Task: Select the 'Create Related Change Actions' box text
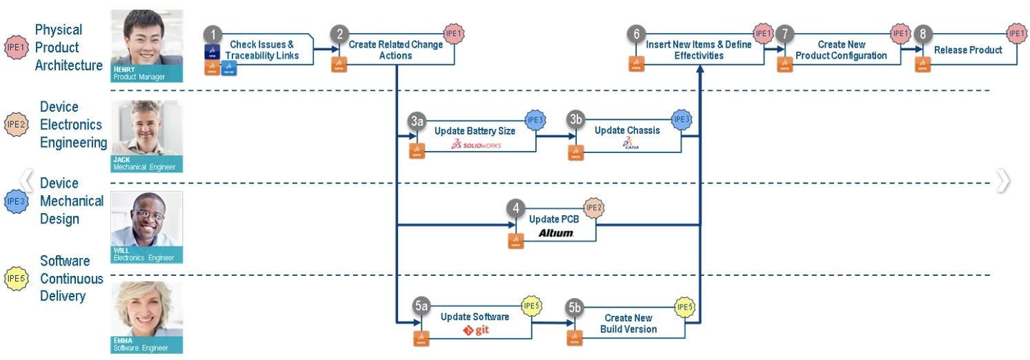[395, 50]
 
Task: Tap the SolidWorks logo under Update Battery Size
[476, 145]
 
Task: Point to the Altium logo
[556, 233]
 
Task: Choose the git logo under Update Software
[477, 330]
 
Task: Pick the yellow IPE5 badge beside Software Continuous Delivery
[16, 279]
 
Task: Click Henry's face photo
[147, 38]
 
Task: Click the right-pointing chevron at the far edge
[1003, 180]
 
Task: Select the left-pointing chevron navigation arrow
[27, 180]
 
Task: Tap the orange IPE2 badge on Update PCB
[594, 207]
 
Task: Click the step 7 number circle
[784, 34]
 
